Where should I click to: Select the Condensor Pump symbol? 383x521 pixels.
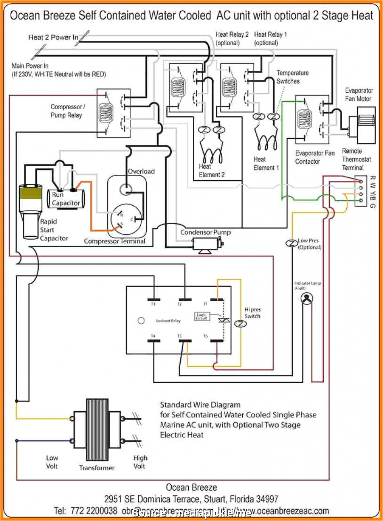pos(206,244)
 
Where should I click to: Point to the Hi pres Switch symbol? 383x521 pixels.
pos(240,324)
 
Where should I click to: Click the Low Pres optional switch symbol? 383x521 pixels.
pos(291,243)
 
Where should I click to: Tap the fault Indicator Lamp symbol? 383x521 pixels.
pos(307,298)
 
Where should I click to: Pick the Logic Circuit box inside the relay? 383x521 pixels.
pos(202,317)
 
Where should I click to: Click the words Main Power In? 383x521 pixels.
pos(30,66)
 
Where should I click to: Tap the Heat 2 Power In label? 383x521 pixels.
pos(53,38)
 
